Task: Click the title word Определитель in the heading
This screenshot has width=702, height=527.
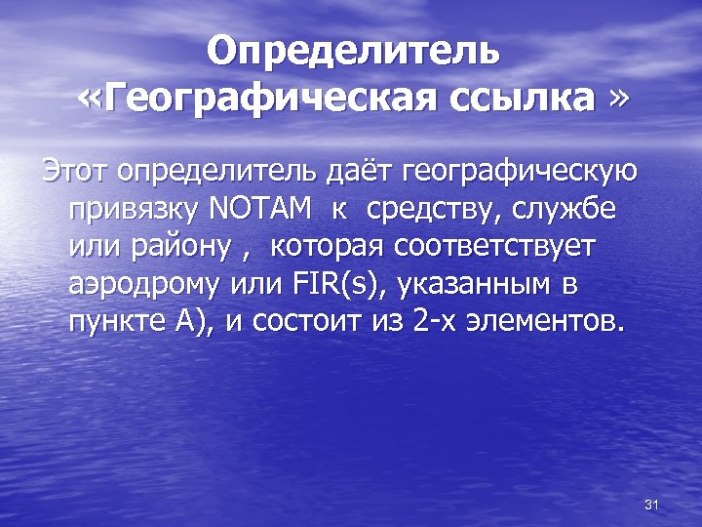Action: [355, 51]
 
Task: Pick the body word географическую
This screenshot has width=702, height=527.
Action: [515, 173]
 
